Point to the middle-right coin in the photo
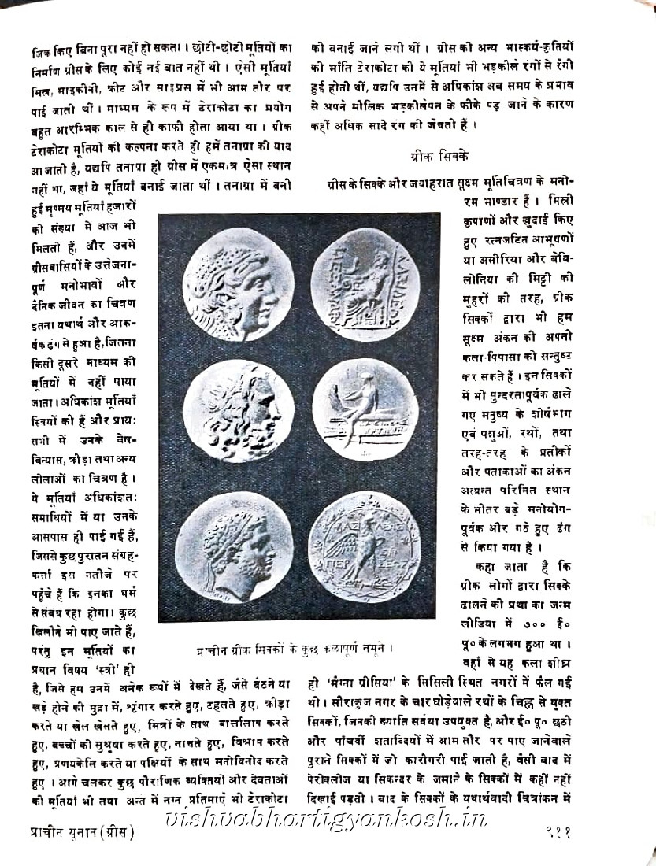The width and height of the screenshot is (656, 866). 360,409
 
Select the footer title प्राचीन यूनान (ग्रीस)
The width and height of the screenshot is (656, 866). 72,831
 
